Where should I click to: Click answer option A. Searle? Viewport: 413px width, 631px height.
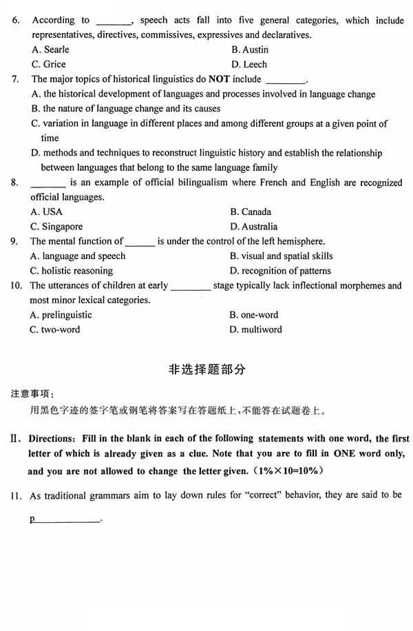click(x=50, y=50)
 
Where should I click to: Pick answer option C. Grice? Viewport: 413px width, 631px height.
click(x=49, y=64)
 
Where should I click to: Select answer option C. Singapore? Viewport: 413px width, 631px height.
click(x=56, y=227)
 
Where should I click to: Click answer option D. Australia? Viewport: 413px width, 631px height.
click(x=254, y=227)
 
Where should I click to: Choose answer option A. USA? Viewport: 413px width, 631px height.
click(x=46, y=211)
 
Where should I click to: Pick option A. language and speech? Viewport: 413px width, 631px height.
click(x=78, y=256)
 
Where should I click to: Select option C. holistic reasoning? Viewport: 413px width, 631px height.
click(x=72, y=271)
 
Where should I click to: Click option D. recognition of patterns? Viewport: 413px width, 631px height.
click(x=280, y=271)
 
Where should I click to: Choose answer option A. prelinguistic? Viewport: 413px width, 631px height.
click(x=61, y=315)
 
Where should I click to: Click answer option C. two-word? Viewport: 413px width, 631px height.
click(x=55, y=329)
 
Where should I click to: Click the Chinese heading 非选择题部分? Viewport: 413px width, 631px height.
click(x=206, y=369)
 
